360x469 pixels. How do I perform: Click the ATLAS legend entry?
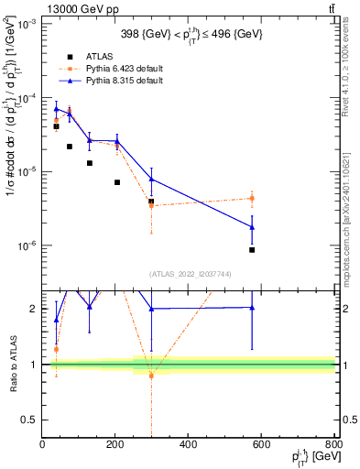click(x=98, y=56)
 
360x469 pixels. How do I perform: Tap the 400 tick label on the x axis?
click(x=189, y=445)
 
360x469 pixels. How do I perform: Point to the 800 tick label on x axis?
click(x=333, y=445)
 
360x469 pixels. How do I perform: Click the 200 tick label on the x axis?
click(x=115, y=445)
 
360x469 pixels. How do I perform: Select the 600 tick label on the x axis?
click(x=261, y=445)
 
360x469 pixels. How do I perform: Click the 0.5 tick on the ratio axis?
click(x=30, y=420)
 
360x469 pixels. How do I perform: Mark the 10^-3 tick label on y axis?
click(x=27, y=25)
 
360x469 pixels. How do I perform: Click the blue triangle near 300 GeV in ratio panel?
click(x=151, y=309)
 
